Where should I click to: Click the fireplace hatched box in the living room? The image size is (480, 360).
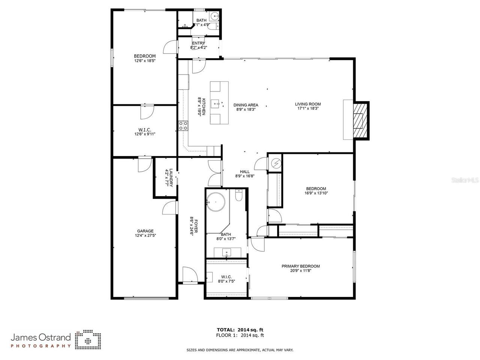361,120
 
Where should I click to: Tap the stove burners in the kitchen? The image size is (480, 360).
183,126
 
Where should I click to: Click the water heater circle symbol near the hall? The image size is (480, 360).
276,163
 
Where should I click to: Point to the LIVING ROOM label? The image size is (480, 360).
307,104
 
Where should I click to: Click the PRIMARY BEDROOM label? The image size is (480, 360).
301,266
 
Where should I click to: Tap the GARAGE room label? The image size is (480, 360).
145,231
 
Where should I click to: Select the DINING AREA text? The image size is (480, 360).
246,105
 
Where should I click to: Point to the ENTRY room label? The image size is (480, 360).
198,43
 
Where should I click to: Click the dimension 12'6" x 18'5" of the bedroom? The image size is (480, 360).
145,60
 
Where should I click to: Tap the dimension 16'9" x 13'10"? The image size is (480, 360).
316,193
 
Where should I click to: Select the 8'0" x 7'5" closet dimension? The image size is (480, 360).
226,281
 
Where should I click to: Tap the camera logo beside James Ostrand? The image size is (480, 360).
88,340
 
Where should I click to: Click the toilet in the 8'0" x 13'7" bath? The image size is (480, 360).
239,195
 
